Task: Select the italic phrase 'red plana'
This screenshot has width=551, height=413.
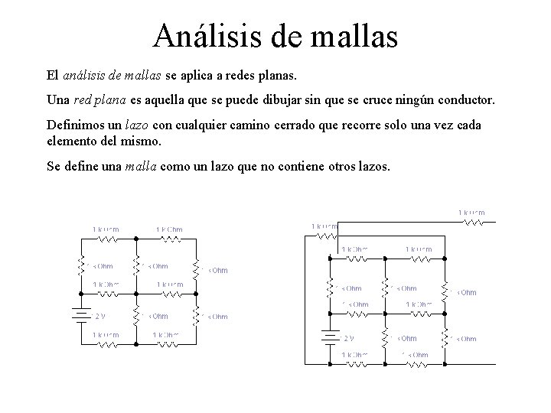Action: coord(101,100)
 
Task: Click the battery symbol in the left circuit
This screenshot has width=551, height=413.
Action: coord(78,315)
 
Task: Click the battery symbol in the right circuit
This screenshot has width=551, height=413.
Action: coord(329,337)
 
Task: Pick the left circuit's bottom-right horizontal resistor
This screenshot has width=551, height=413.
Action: coord(168,345)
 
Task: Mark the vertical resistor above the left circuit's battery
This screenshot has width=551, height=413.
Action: coord(78,265)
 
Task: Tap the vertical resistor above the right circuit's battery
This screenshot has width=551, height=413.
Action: coord(329,288)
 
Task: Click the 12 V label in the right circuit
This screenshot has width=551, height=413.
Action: coord(349,338)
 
